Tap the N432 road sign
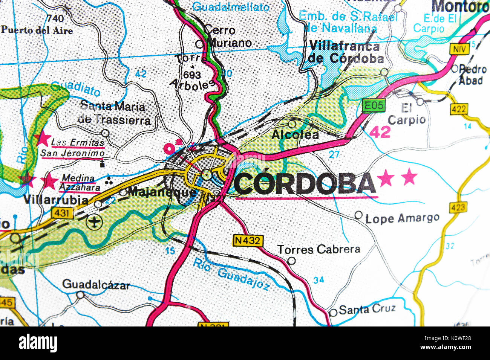(247, 240)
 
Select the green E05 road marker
(374, 106)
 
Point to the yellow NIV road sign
(459, 49)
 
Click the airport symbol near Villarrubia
(94, 223)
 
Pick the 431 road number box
(62, 213)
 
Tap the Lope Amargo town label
(402, 218)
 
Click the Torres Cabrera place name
(318, 249)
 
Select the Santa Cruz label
(367, 309)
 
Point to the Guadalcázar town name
(96, 284)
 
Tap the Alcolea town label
(295, 134)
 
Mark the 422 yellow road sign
(458, 109)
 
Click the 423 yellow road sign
(458, 207)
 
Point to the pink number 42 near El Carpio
(380, 132)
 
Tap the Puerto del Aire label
(37, 30)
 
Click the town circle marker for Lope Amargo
(358, 215)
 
